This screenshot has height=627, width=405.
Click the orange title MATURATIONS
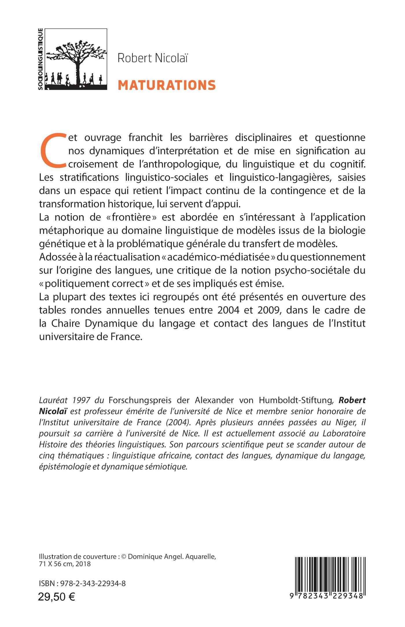click(x=167, y=85)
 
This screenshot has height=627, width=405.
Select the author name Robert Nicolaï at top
click(x=152, y=58)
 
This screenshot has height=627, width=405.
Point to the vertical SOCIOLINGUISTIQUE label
click(x=41, y=59)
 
